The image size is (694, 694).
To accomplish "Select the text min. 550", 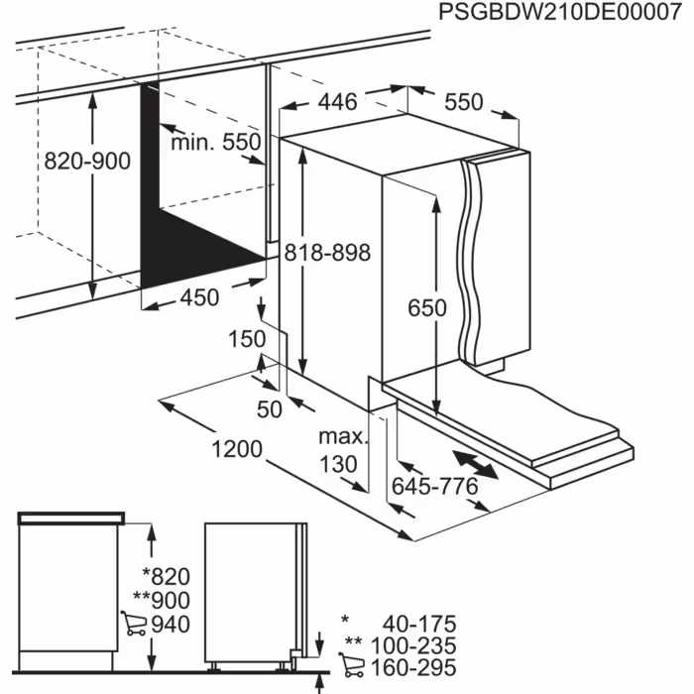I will coord(216,142).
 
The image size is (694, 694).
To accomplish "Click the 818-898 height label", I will coord(327,253).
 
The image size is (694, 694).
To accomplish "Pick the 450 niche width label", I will coord(199,298).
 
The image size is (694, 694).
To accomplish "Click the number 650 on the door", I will coord(426,307).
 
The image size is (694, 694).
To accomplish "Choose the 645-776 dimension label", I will coord(434,486).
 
